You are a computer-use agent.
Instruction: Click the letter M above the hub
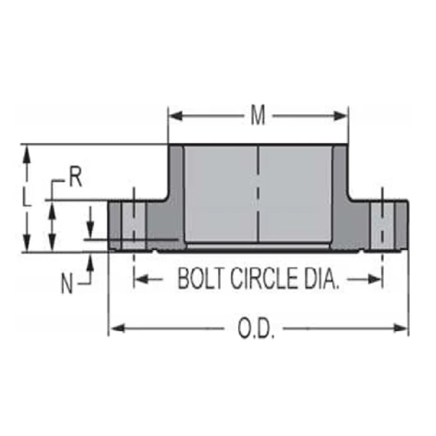(x=258, y=115)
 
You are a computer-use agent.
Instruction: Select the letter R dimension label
(x=75, y=178)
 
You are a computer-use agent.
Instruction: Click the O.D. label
(x=257, y=329)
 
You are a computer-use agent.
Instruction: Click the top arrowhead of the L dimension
(x=27, y=150)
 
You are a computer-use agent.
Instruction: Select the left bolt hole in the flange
(x=133, y=225)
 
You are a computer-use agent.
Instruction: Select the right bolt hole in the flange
(x=382, y=225)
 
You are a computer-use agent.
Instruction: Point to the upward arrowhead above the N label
(x=90, y=259)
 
